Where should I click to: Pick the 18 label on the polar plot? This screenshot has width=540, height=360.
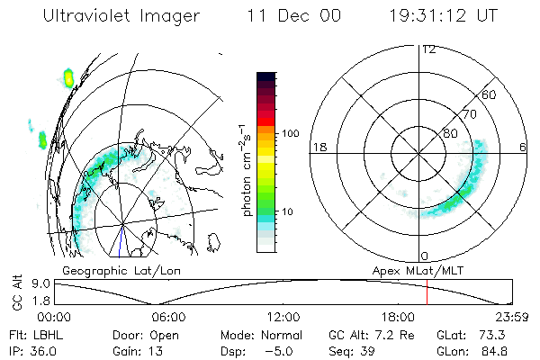pyautogui.click(x=318, y=147)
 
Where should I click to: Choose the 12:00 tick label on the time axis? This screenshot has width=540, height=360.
pyautogui.click(x=283, y=318)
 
